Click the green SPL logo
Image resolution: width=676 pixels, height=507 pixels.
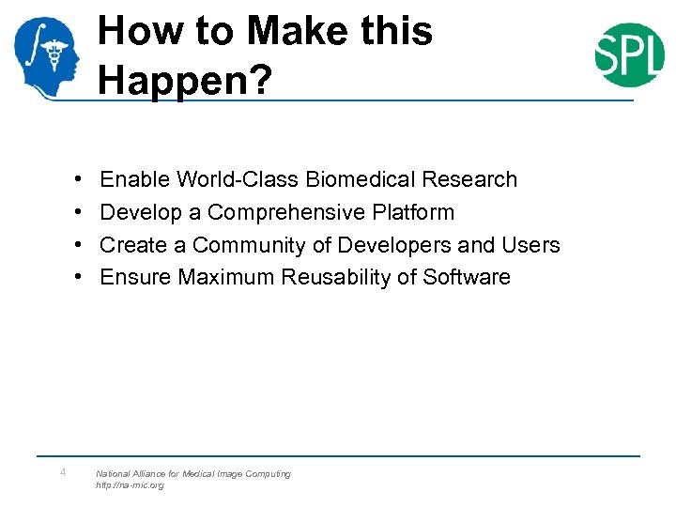point(629,54)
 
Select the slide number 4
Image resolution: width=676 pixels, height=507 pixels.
point(62,472)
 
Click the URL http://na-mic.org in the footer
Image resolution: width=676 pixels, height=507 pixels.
point(130,485)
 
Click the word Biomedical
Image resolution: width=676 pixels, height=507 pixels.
point(361,179)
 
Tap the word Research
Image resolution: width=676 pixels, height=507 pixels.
point(469,179)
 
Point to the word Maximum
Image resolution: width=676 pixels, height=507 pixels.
point(220,277)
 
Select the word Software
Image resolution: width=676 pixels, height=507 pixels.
point(467,277)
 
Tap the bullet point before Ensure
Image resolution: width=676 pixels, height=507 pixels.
point(74,278)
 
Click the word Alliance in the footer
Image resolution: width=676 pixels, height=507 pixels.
point(152,474)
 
